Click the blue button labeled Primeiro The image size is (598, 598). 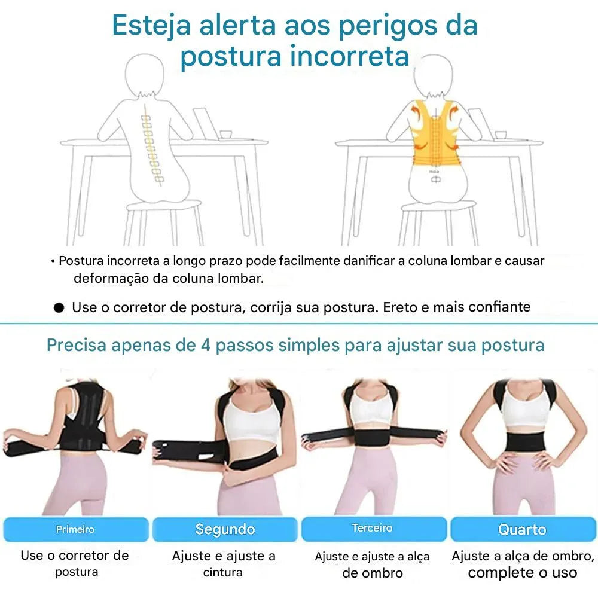(75, 529)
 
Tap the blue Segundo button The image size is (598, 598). (225, 529)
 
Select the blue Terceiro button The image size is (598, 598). (373, 529)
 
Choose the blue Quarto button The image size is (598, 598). (522, 529)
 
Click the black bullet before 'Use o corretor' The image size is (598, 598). (59, 308)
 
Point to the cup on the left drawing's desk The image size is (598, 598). (225, 134)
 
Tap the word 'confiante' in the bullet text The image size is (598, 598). (499, 307)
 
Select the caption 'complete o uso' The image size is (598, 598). (522, 573)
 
